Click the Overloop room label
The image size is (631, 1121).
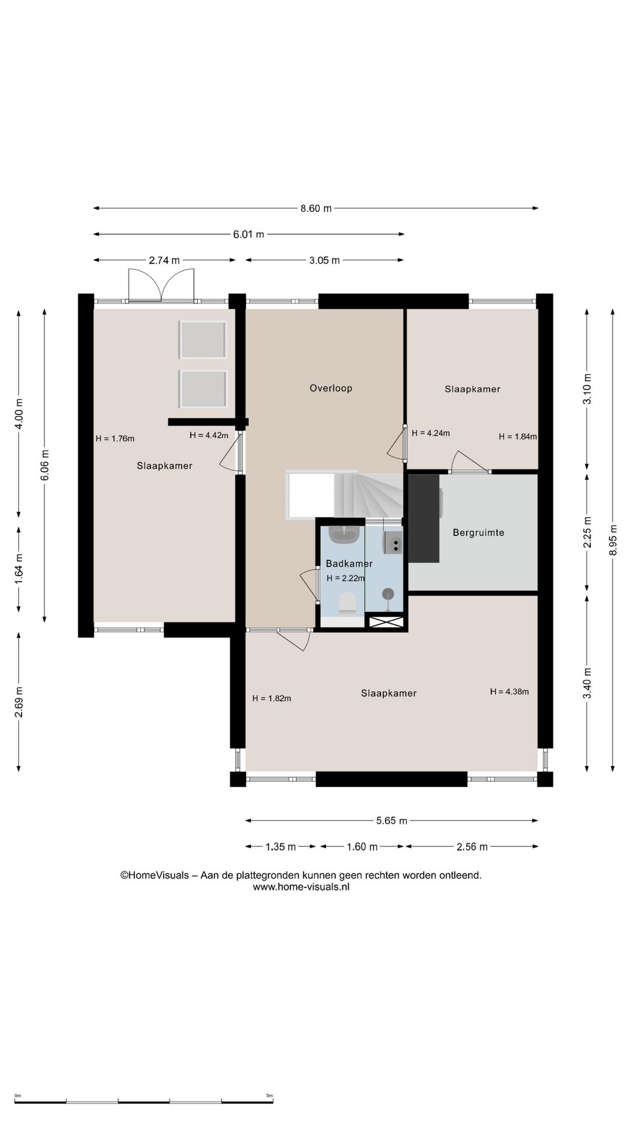(331, 388)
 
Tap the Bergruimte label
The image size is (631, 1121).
(479, 532)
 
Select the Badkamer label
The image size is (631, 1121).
(349, 563)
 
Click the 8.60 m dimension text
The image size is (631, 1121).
(316, 208)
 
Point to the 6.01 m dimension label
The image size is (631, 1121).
(249, 235)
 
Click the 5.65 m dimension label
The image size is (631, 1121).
(391, 821)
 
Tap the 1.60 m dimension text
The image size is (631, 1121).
(362, 847)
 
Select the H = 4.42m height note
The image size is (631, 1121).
(209, 435)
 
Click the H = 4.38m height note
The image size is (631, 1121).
(509, 692)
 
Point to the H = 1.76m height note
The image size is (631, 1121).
(115, 438)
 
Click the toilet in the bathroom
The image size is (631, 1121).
(348, 603)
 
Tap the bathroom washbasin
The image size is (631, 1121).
(344, 534)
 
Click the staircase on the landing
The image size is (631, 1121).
(345, 495)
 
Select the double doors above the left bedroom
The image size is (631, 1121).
(161, 285)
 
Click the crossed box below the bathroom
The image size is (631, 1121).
(386, 622)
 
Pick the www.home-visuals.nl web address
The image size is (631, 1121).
(301, 887)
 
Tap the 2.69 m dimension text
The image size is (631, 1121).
(19, 702)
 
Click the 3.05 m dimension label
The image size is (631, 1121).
(324, 260)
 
